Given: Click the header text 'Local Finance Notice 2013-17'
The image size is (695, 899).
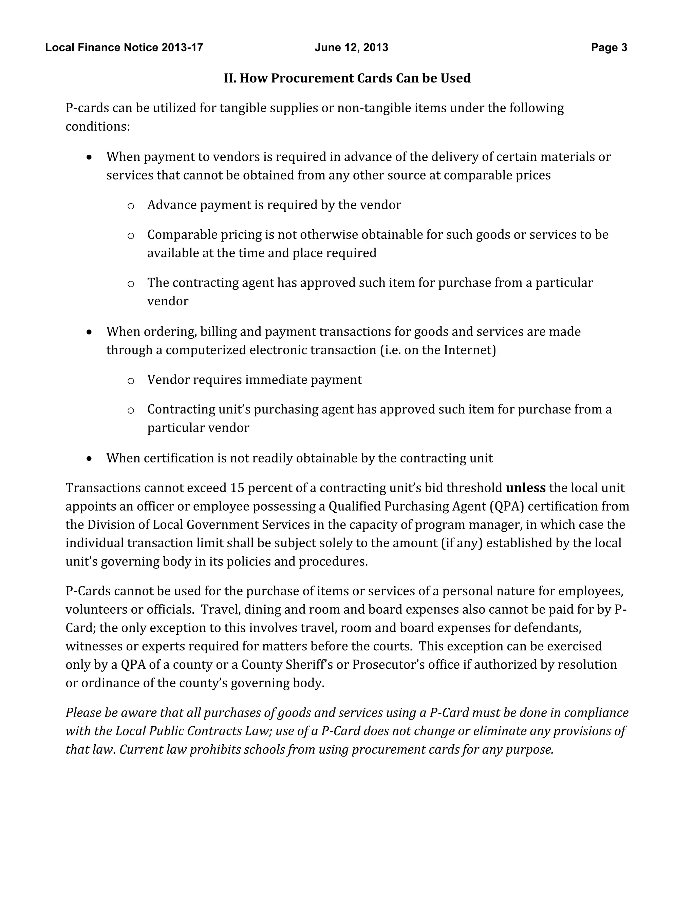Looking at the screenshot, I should (x=124, y=48).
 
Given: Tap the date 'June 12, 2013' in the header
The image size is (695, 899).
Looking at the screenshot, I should (x=351, y=48).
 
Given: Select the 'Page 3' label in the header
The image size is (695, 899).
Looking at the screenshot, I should (x=609, y=48).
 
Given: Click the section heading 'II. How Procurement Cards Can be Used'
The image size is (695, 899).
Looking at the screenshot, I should (x=347, y=78).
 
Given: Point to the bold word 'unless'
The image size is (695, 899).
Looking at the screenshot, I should (x=525, y=488).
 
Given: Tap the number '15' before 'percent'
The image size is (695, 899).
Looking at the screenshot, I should (x=237, y=488).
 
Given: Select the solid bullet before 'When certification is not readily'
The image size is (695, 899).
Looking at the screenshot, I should (x=89, y=459).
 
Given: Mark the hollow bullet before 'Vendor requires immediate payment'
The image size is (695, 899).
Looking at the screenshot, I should (x=131, y=381).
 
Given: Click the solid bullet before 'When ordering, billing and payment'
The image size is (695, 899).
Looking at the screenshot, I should (x=89, y=332).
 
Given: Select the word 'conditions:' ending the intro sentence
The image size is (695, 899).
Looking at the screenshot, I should (x=98, y=127).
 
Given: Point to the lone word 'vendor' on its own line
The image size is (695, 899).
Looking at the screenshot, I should (x=168, y=301).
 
